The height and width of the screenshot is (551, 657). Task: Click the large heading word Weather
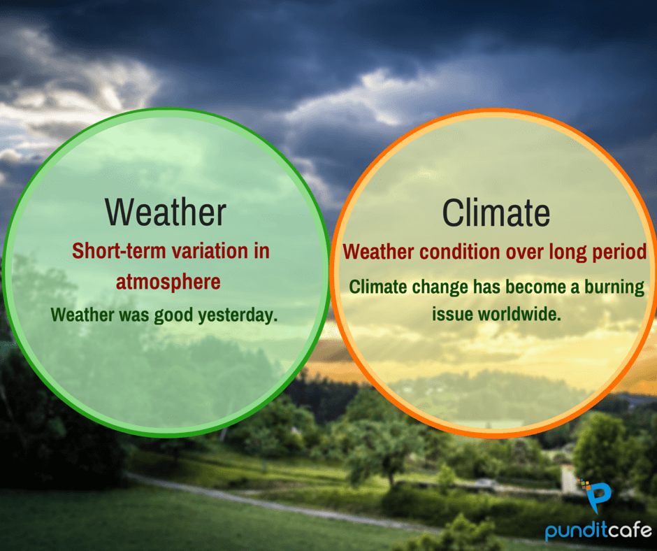click(x=166, y=212)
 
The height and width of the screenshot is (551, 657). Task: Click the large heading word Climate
click(x=496, y=213)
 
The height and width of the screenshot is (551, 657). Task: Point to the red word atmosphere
click(x=168, y=282)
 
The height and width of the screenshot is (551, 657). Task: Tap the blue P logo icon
click(x=596, y=496)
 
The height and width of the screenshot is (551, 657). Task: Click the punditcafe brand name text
click(x=598, y=531)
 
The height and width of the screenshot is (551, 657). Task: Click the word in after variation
click(x=261, y=251)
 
